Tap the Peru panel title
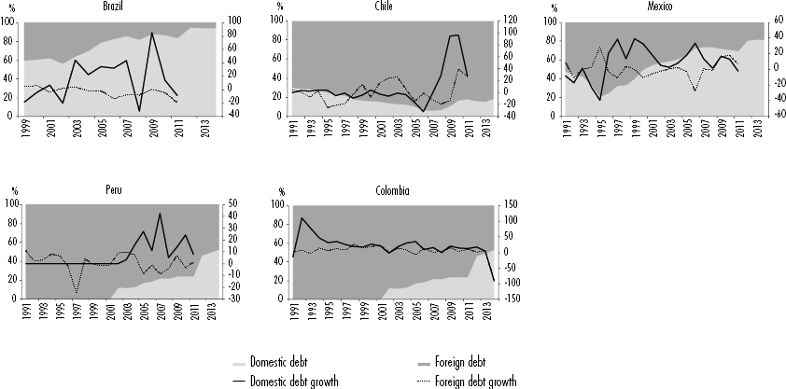click(117, 189)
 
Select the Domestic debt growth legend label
click(297, 380)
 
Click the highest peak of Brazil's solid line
click(151, 33)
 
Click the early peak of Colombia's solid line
click(302, 218)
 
